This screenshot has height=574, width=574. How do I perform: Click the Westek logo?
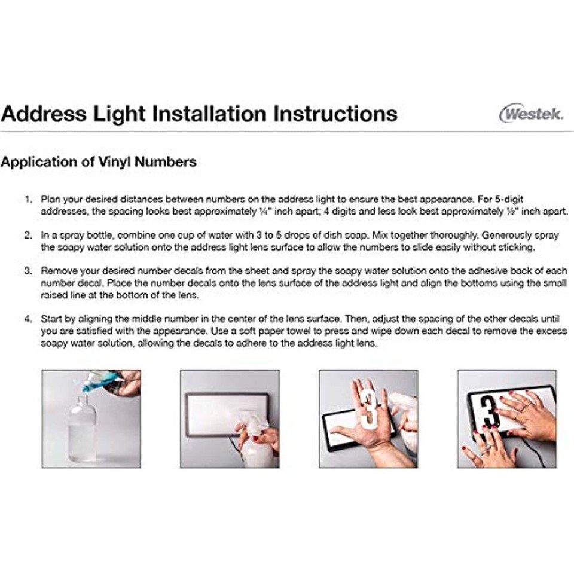point(531,113)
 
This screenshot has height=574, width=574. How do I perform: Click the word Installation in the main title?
point(210,114)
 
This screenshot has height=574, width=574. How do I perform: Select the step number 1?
point(28,200)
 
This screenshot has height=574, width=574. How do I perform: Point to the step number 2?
point(28,235)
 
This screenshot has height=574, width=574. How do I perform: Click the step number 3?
point(28,271)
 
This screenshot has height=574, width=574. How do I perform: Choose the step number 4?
point(28,319)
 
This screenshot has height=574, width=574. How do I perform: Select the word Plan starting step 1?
point(50,200)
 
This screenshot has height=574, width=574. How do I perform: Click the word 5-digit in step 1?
point(509,200)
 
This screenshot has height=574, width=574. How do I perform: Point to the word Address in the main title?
point(44,114)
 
